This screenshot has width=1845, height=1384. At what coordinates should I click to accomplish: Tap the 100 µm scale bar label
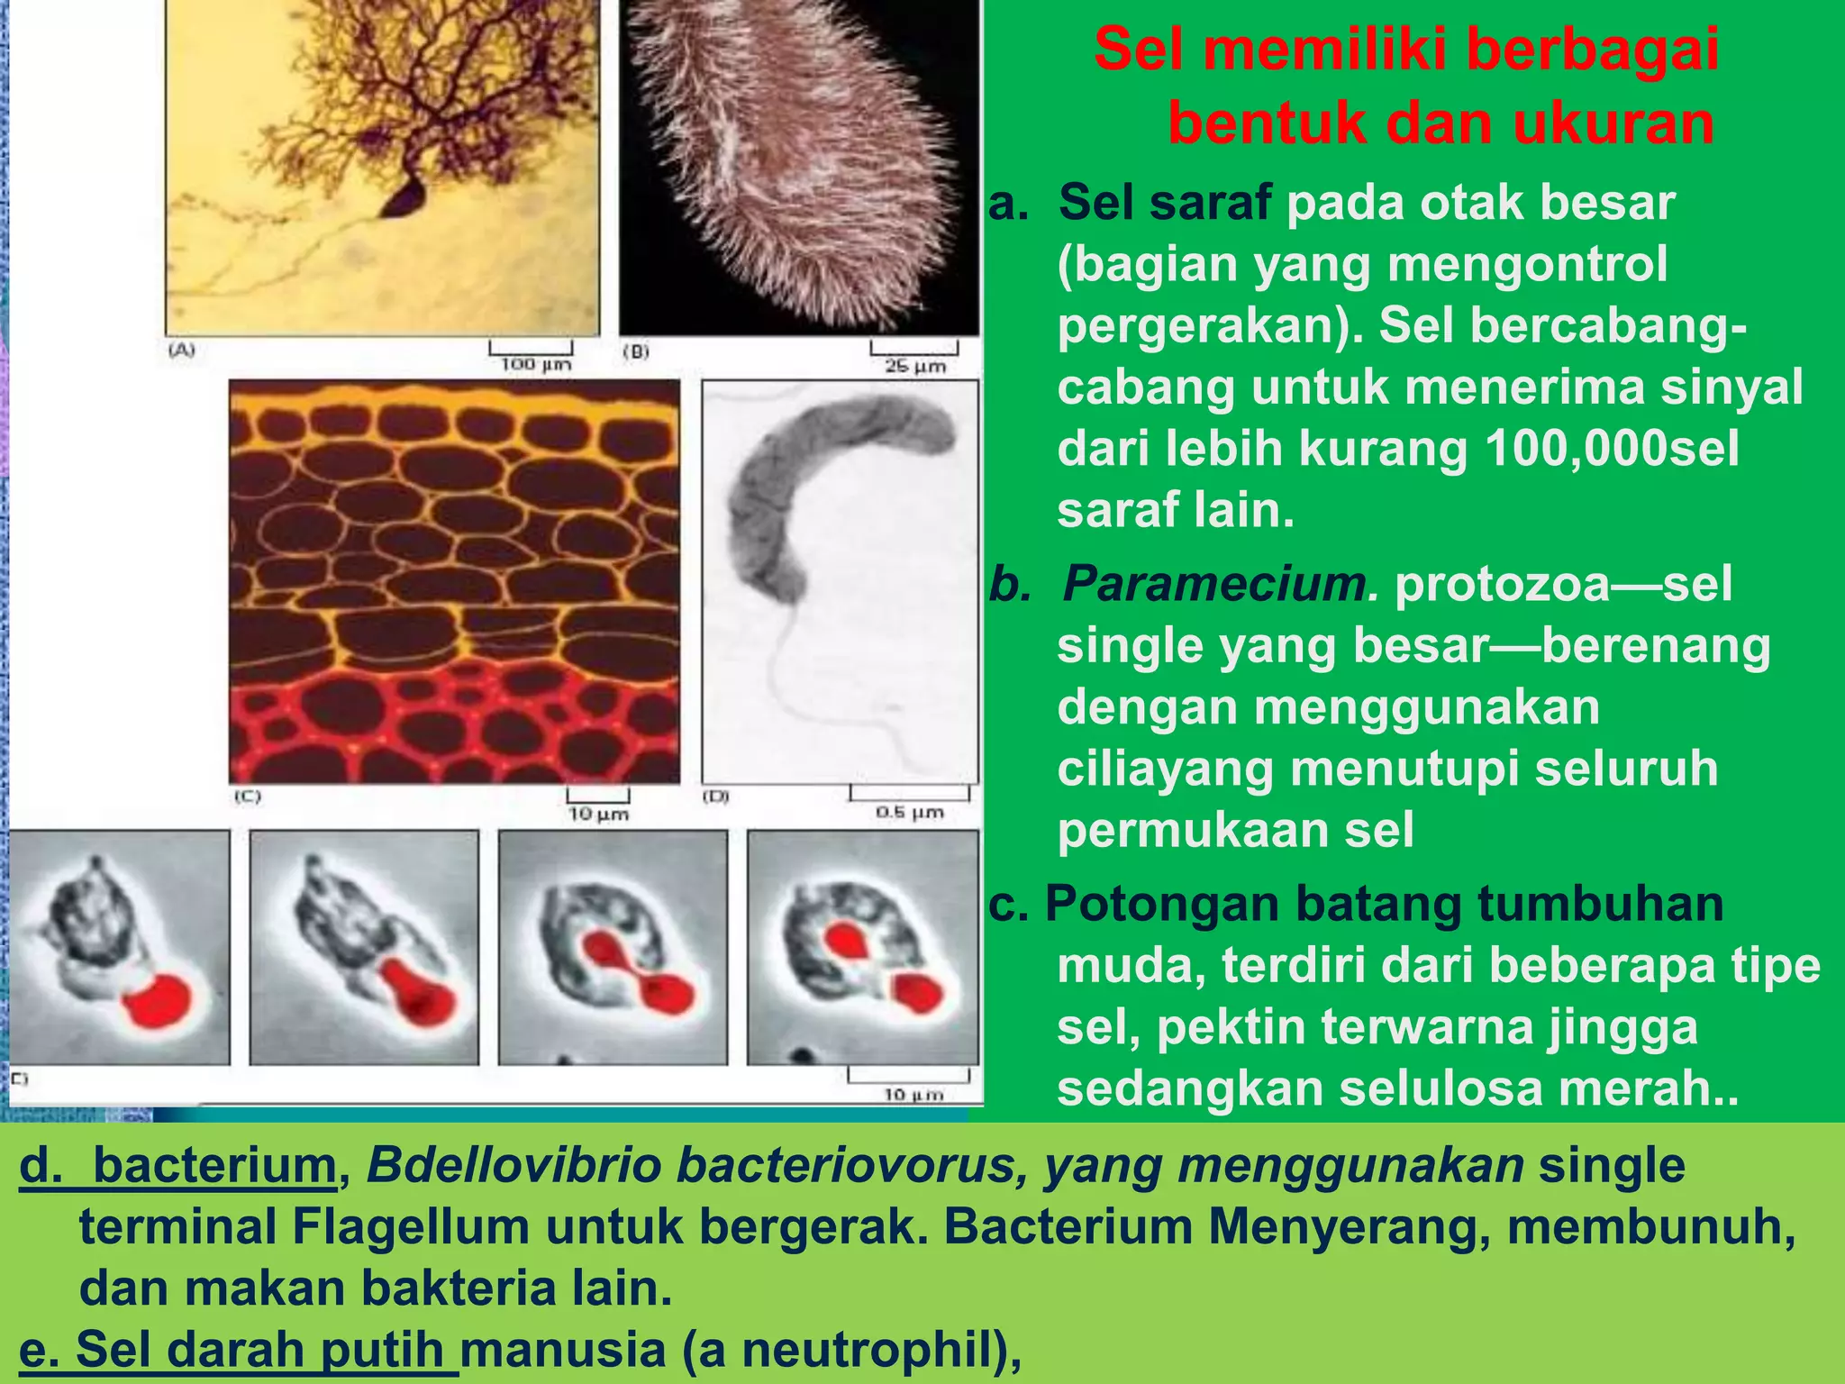536,364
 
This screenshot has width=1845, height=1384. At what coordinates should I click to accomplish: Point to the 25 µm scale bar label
915,366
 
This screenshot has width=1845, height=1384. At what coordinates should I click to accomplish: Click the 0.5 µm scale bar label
910,812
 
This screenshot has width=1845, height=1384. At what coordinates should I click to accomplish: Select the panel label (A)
182,350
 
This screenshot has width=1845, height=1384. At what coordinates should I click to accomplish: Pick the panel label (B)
636,351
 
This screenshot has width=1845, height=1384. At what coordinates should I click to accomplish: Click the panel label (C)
247,797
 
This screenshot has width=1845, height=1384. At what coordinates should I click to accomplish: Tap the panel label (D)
716,797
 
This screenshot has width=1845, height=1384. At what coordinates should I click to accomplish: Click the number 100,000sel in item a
1613,448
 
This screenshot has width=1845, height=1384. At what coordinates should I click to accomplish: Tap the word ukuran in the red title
1613,123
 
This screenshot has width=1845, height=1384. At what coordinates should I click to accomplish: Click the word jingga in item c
1622,1027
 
